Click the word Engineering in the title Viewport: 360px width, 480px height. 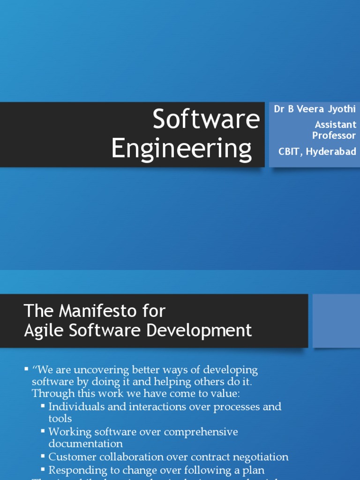tap(181, 149)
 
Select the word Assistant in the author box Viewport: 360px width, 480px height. tap(336, 125)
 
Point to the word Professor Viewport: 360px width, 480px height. tap(334, 135)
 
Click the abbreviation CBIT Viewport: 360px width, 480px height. tap(290, 151)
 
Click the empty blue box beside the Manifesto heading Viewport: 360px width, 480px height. tap(336, 321)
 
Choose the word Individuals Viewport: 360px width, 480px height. tap(78, 406)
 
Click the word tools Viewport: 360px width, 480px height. tap(60, 418)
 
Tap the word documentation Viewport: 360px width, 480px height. tap(85, 443)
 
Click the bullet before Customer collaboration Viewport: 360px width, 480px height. tap(43, 456)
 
